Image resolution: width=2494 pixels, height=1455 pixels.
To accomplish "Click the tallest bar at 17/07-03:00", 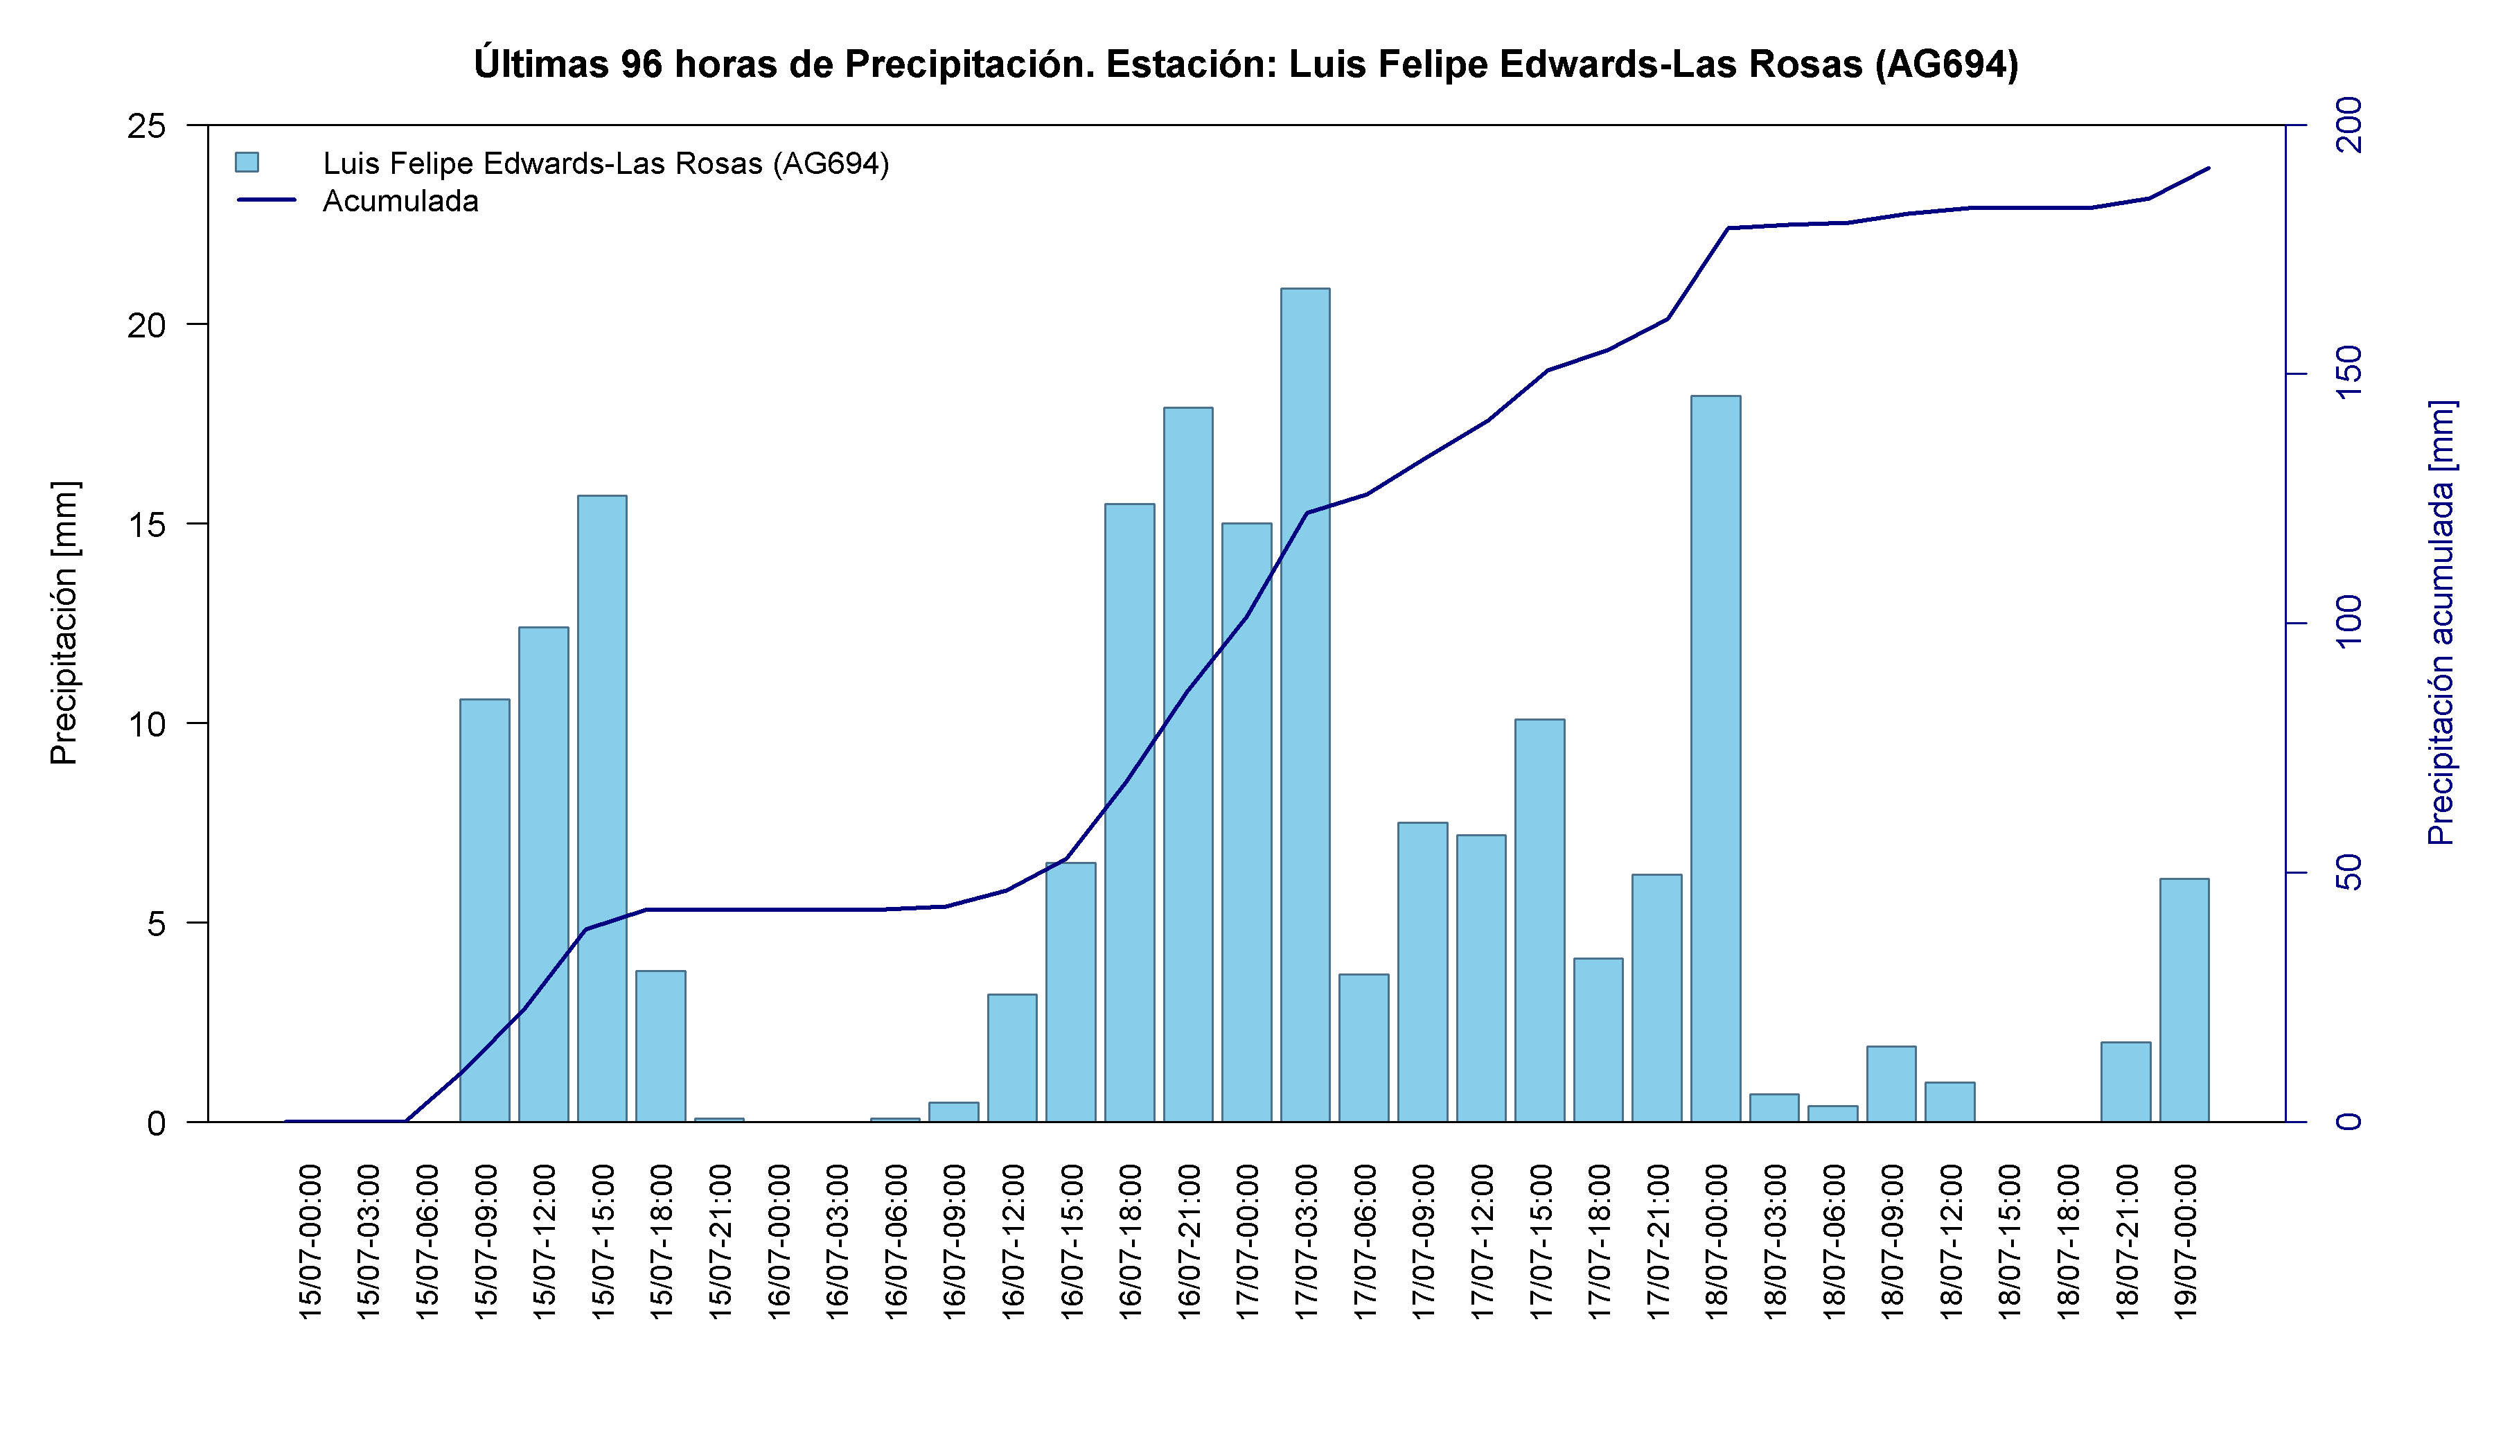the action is (1305, 705).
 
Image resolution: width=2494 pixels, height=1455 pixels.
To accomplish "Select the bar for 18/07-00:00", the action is (1715, 759).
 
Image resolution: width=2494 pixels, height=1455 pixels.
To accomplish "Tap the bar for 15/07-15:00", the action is (602, 809).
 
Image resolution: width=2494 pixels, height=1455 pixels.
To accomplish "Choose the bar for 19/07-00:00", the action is (2184, 1000).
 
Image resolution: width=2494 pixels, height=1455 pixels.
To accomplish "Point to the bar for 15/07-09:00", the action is (485, 910).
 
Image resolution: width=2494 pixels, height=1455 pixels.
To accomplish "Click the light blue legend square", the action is (247, 162).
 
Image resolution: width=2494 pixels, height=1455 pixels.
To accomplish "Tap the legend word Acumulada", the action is (401, 201).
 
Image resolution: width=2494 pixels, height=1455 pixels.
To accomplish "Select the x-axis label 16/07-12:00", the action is (1012, 1241).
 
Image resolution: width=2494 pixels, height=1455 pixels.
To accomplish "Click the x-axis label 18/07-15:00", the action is (2009, 1241).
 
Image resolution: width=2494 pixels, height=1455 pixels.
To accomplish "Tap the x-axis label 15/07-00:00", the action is (310, 1241).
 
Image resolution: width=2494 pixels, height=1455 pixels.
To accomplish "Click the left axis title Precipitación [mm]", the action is (63, 623).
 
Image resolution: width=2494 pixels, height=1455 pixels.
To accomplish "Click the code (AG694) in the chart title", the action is (1946, 64).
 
